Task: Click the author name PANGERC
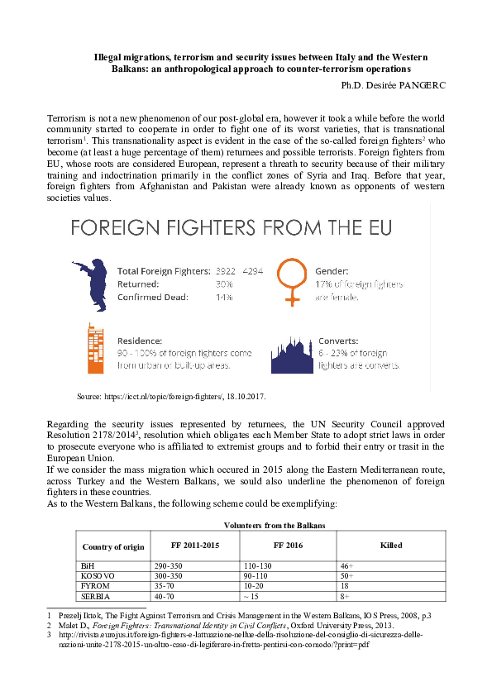(420, 84)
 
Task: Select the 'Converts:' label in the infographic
(337, 340)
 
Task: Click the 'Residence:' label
(140, 340)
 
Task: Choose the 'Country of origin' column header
(113, 546)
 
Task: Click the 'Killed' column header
(390, 546)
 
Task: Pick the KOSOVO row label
(98, 574)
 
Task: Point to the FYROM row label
(94, 584)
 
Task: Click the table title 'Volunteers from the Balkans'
(275, 526)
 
